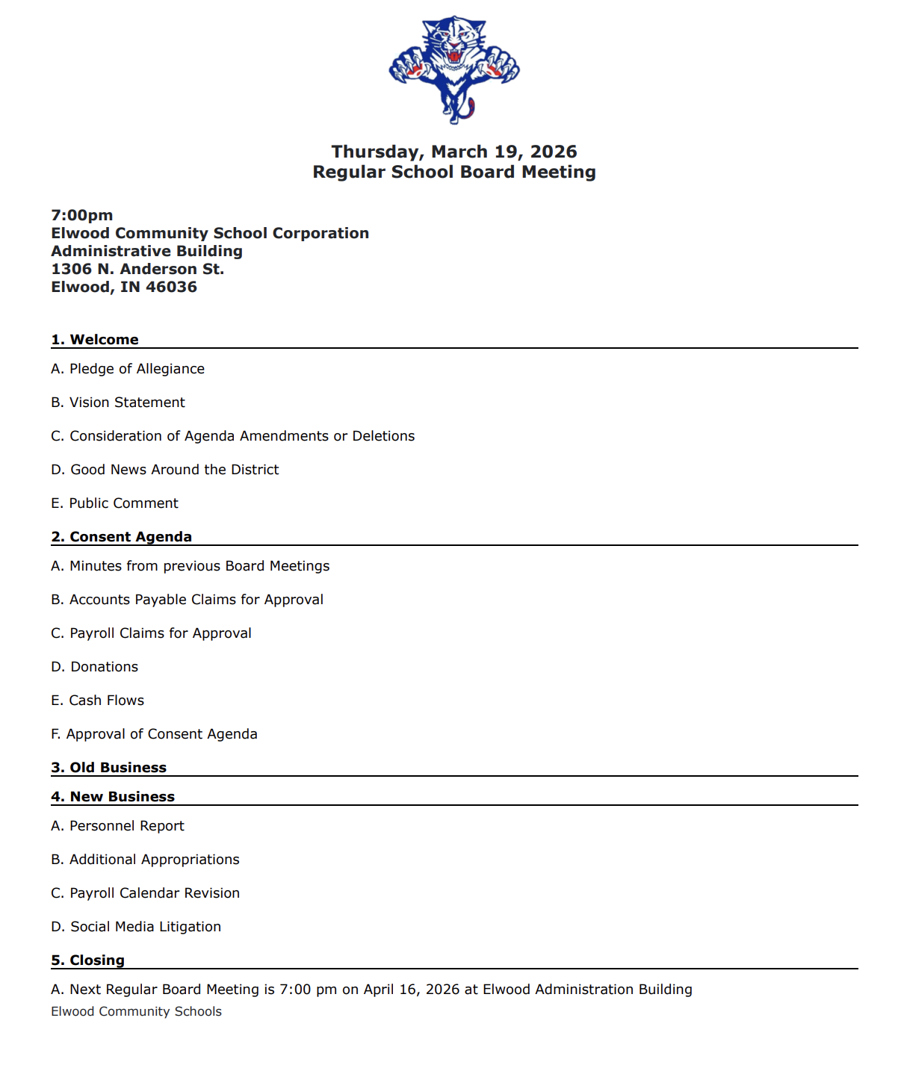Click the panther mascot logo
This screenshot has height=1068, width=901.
tap(454, 69)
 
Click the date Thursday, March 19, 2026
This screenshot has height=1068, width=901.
tap(454, 152)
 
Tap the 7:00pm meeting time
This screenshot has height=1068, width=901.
tap(82, 215)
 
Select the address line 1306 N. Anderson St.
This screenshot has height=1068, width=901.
tap(137, 269)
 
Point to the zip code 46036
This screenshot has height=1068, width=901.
tap(171, 287)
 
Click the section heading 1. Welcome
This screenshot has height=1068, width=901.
tap(95, 340)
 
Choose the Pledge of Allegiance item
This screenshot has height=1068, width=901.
tap(128, 369)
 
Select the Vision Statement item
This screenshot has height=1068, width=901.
tap(118, 403)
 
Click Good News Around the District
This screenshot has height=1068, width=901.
tap(165, 470)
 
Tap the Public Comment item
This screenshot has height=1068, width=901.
tap(115, 503)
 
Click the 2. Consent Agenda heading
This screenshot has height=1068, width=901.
tap(122, 537)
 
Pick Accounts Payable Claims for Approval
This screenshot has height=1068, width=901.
tap(188, 600)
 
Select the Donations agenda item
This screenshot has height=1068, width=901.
tap(95, 667)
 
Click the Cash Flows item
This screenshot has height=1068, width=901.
tap(98, 701)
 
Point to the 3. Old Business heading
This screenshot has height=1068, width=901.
tap(109, 768)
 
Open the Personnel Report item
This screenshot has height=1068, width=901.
tap(118, 826)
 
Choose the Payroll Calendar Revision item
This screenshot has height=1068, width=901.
tap(146, 893)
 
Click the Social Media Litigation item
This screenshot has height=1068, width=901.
tap(137, 927)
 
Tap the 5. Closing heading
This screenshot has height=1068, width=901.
tap(88, 960)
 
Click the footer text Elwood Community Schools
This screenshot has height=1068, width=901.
tap(137, 1011)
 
